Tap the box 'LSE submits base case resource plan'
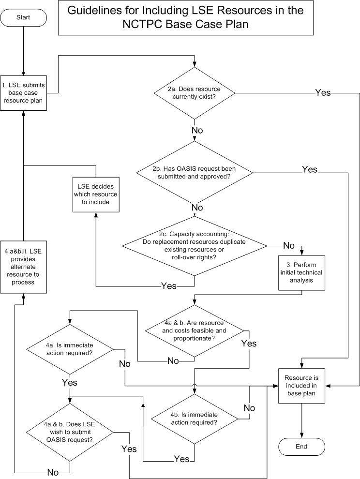[x=23, y=92]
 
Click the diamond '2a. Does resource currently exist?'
[x=195, y=92]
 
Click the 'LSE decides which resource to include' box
[x=95, y=194]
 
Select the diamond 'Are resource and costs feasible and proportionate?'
[x=195, y=332]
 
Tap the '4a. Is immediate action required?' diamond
[x=70, y=349]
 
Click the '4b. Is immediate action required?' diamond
[x=195, y=418]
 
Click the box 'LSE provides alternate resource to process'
[x=23, y=266]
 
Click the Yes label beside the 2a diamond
[x=323, y=92]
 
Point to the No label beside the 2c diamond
[x=289, y=245]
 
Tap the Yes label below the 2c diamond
[x=168, y=286]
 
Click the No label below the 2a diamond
[x=197, y=130]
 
